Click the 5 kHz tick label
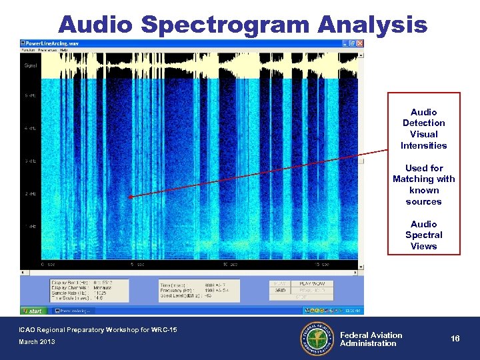point(30,95)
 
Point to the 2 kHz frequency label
point(30,194)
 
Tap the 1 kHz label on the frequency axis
point(30,227)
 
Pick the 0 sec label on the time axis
point(47,264)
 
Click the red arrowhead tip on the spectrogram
point(131,197)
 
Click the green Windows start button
point(33,310)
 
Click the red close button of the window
point(361,43)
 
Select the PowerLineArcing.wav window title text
point(53,43)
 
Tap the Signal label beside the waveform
point(31,65)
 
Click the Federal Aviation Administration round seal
point(316,338)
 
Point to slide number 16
point(455,339)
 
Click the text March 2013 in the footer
point(37,342)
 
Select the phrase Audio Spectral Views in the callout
point(423,235)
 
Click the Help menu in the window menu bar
point(63,50)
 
